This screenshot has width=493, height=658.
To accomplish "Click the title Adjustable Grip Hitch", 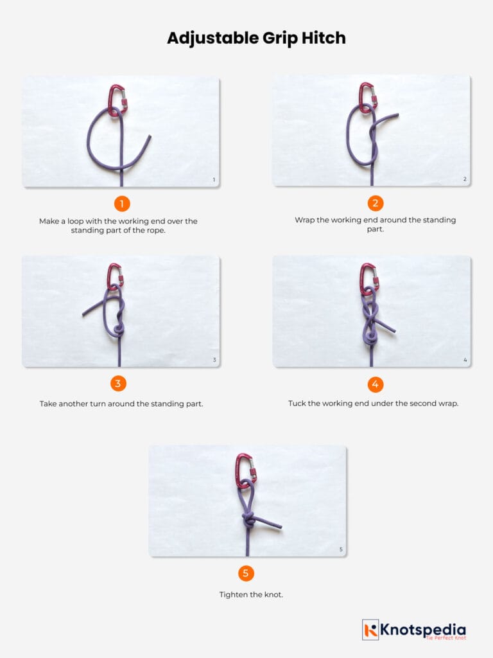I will (256, 38).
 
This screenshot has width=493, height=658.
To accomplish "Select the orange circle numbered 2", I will (376, 204).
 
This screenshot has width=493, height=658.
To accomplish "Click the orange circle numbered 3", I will (117, 384).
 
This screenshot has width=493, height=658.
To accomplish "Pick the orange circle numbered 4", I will (376, 384).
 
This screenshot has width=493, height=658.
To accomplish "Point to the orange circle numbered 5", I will (246, 573).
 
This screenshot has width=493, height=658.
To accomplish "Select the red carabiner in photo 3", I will (116, 276).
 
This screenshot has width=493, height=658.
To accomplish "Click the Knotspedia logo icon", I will (370, 630).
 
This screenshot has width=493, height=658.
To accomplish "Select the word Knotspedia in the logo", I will (424, 629).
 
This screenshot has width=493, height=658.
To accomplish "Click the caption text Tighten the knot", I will (251, 594).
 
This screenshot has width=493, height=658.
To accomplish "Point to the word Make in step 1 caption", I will (49, 221).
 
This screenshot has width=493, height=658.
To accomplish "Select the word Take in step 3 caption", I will (49, 404).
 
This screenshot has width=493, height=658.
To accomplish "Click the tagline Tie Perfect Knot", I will (445, 637).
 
